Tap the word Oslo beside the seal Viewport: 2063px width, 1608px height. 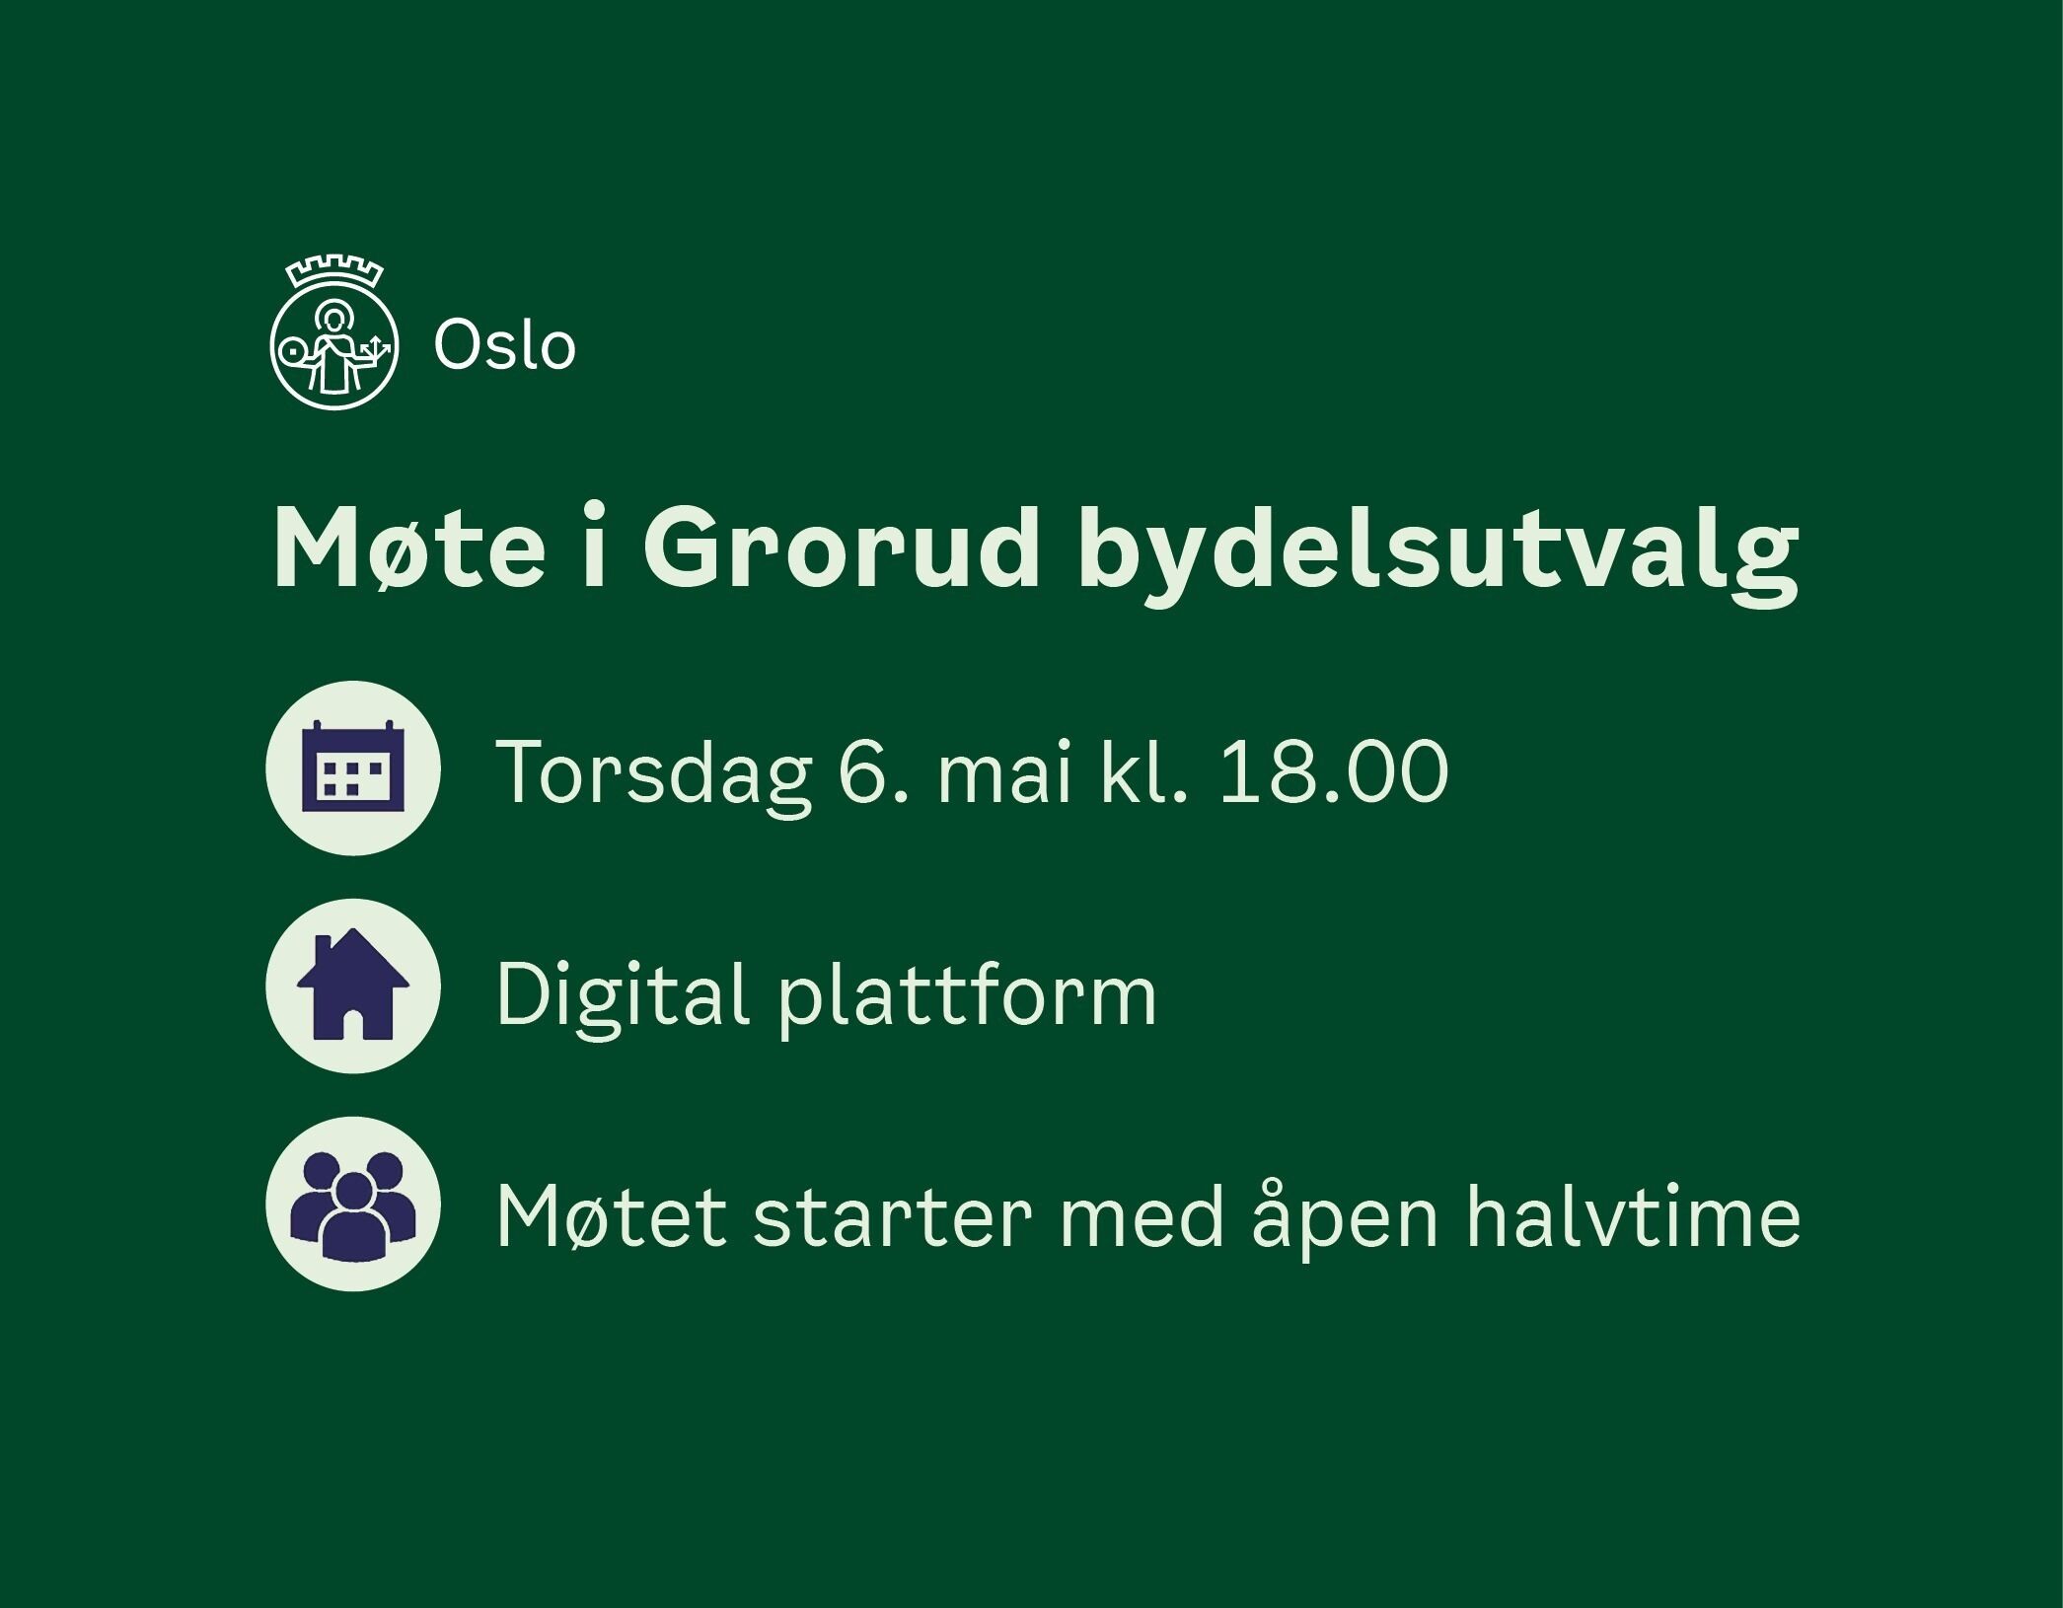[x=504, y=346]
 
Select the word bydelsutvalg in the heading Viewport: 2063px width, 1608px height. [x=1438, y=554]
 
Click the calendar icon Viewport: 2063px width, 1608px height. [x=353, y=767]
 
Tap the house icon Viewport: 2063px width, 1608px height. [x=353, y=986]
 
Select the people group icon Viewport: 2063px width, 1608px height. [x=353, y=1204]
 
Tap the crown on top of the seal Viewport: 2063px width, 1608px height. [x=334, y=272]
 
